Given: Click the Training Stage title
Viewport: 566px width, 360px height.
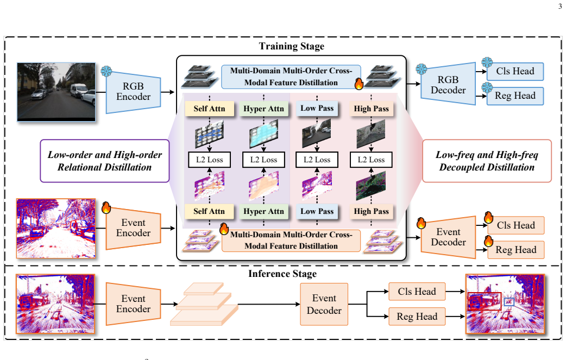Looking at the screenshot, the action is point(291,46).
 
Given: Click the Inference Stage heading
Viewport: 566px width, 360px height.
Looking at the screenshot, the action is point(282,274).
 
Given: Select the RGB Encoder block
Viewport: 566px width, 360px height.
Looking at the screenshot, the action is point(133,92).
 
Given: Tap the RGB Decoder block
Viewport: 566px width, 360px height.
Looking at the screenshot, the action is point(448,84).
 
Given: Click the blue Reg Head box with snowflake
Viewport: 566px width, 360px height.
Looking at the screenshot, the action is point(515,96).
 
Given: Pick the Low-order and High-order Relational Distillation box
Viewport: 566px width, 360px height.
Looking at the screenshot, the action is point(105,161).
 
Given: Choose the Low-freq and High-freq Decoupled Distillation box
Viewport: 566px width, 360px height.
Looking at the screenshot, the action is point(487,161).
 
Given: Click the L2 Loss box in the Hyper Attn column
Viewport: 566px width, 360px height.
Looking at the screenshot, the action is point(263,160).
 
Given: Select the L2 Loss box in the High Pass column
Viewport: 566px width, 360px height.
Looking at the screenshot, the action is point(371,160).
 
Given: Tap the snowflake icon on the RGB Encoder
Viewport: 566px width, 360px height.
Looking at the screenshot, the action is point(106,71).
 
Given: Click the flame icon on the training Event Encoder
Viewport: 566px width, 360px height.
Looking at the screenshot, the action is point(106,207).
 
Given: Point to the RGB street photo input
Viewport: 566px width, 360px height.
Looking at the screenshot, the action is point(56,92).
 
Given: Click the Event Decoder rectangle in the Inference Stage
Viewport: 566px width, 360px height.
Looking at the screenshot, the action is point(324,304).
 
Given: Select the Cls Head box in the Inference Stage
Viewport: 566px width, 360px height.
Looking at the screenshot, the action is point(417,292).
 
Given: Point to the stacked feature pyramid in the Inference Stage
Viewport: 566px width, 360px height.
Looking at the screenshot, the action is point(204,304).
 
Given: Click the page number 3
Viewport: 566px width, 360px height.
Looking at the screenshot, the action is point(560,6).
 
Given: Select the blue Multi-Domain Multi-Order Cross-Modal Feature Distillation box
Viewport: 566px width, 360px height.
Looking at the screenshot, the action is point(291,77).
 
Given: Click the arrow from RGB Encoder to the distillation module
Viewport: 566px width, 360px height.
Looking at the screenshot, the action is point(168,92).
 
